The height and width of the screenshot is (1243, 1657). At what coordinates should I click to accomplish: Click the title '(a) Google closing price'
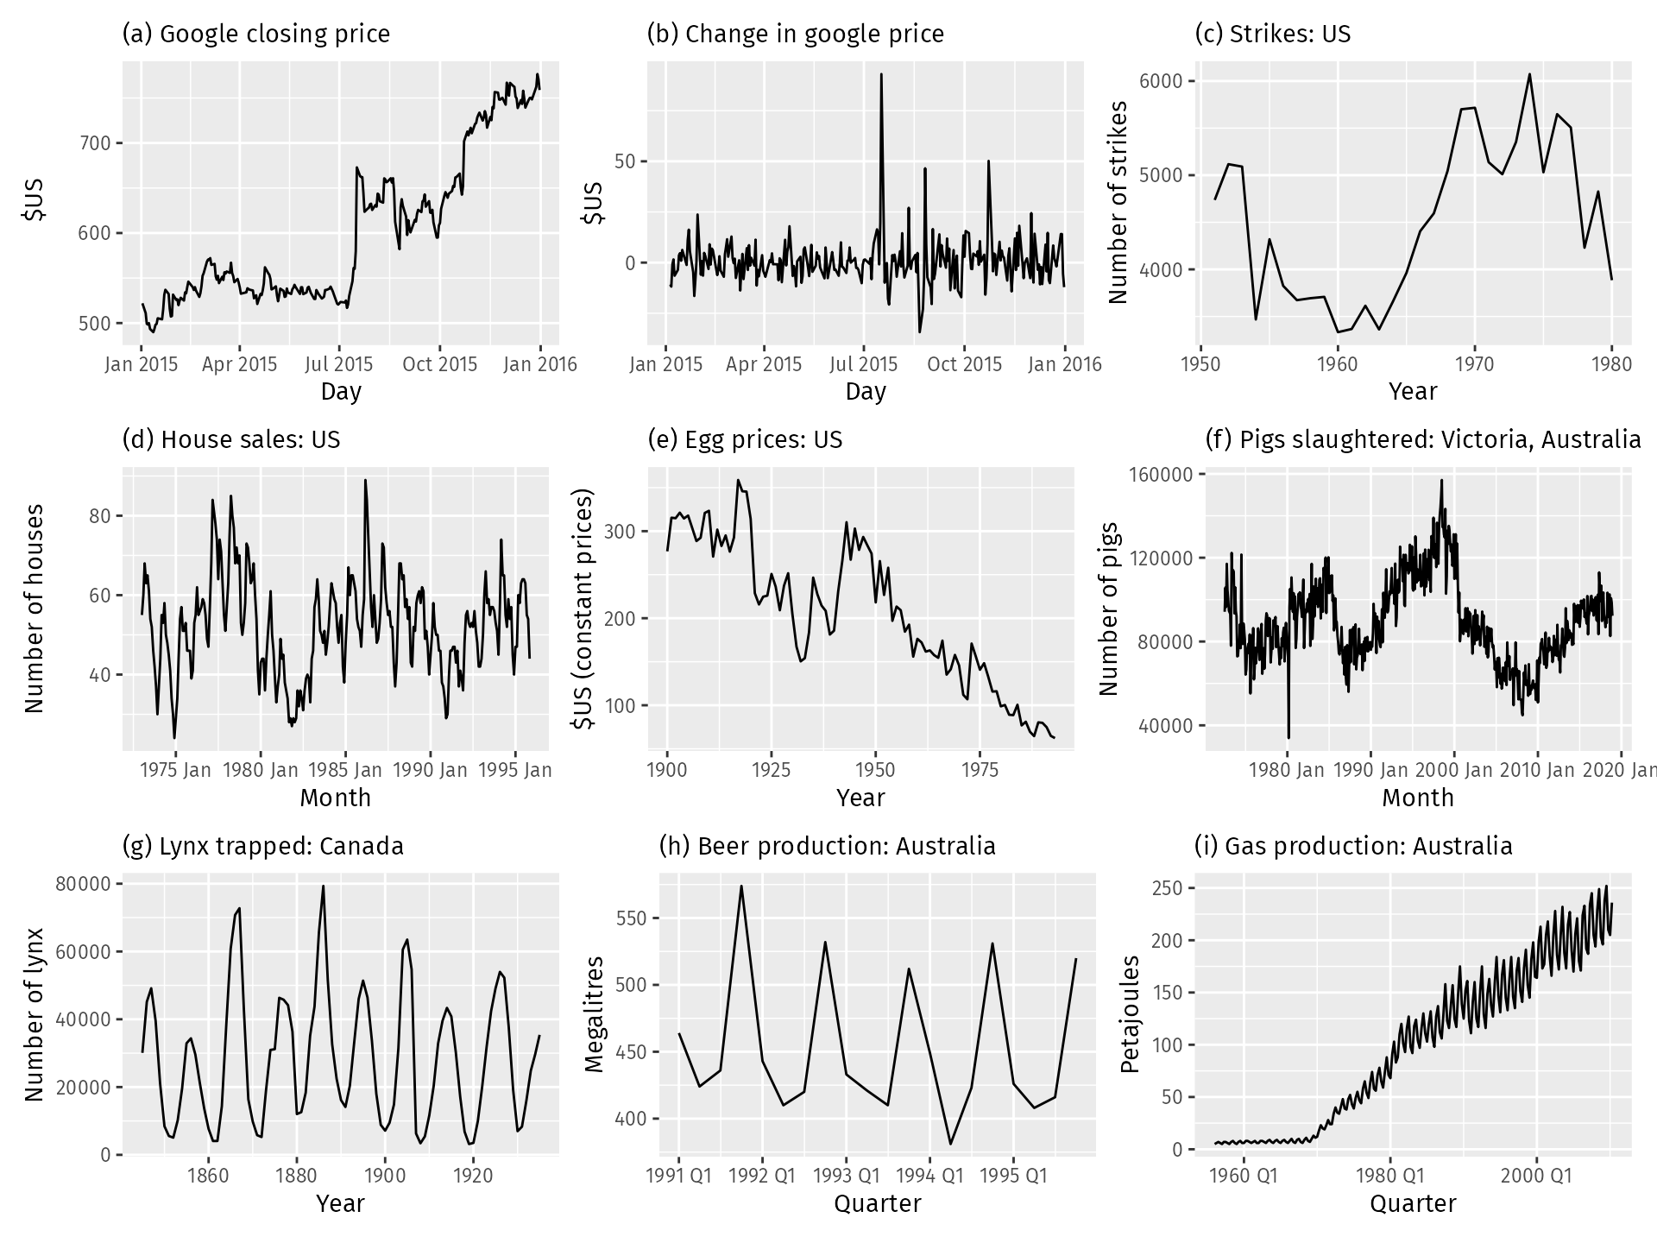256,35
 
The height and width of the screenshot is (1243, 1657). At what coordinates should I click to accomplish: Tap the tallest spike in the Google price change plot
881,75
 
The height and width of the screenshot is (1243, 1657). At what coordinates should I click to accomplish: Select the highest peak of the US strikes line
1529,74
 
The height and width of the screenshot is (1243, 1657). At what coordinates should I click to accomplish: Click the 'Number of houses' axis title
35,609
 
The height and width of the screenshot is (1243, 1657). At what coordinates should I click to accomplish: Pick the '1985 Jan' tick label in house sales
345,769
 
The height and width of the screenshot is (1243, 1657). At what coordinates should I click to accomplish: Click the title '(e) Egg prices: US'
744,440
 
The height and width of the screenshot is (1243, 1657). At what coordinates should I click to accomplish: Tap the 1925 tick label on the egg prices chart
771,769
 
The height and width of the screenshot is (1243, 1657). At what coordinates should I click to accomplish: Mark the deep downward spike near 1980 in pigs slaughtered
1288,736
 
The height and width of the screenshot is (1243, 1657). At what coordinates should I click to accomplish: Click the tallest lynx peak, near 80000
324,887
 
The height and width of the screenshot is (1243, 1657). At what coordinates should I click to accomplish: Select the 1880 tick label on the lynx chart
296,1175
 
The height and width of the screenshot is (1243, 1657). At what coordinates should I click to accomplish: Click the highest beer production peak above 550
740,887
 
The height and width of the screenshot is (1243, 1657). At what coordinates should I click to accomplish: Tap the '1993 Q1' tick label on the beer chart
846,1175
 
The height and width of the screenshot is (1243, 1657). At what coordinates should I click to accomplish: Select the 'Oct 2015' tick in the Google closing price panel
439,363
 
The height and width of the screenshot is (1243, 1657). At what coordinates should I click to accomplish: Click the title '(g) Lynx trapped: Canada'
263,846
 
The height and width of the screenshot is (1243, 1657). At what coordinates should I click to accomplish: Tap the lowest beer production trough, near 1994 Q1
951,1144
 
